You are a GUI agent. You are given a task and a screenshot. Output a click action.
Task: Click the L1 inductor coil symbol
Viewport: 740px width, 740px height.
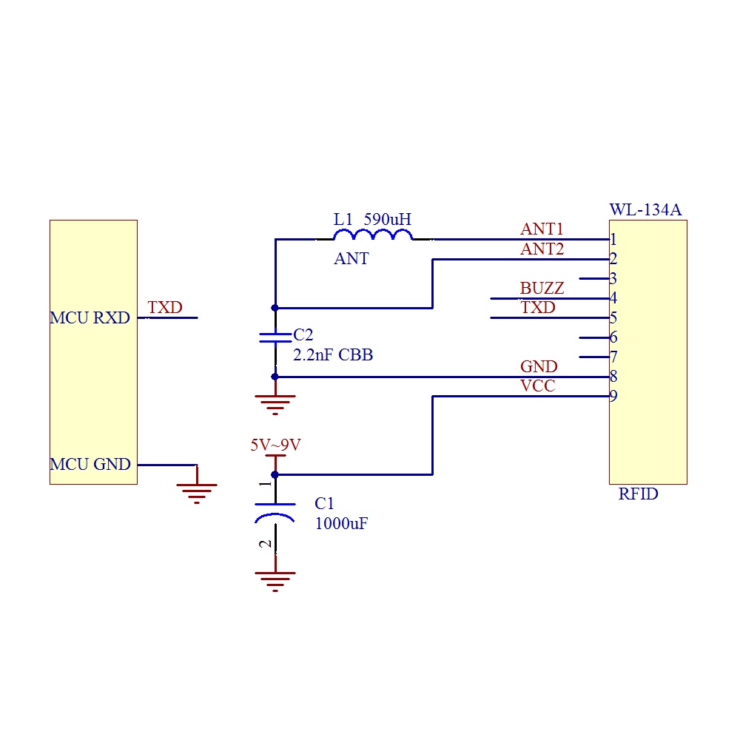[374, 235]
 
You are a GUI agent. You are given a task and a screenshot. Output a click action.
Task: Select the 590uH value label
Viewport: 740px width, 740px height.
[388, 219]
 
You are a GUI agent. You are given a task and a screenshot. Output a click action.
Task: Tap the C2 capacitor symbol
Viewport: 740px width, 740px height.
[275, 338]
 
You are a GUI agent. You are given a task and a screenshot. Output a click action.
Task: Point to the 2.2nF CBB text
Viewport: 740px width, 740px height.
[333, 355]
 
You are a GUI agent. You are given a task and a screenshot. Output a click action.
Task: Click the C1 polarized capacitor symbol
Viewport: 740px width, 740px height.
[275, 511]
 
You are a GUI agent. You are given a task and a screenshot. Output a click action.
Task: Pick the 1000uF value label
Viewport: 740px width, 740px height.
[341, 524]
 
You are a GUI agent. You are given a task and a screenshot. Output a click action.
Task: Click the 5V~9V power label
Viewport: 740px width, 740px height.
[275, 445]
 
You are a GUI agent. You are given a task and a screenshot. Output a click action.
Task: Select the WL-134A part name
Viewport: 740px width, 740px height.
[645, 210]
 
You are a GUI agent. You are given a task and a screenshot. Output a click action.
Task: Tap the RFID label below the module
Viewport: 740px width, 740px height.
[638, 494]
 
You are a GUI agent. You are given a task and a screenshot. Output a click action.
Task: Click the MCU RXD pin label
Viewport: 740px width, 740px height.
[90, 318]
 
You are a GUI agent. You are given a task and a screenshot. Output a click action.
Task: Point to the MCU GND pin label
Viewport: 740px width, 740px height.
[90, 465]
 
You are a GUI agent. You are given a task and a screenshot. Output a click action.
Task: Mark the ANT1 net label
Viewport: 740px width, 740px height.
[542, 230]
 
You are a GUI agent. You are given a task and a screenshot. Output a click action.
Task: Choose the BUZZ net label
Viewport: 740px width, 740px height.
[542, 289]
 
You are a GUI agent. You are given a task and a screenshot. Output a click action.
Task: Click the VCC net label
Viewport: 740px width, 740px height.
[538, 386]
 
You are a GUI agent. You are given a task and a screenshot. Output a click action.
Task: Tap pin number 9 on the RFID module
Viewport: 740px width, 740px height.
[613, 396]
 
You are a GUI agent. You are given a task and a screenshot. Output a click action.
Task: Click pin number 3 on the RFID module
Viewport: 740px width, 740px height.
[613, 279]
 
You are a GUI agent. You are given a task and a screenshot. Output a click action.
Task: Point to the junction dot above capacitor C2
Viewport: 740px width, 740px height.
[275, 307]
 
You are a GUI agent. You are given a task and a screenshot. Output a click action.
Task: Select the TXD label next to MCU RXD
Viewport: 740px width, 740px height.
[164, 308]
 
